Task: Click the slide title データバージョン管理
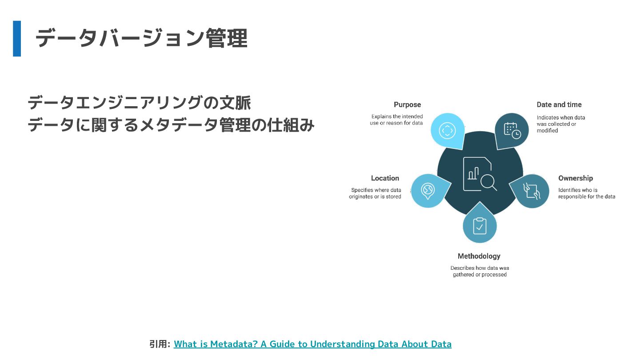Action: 141,39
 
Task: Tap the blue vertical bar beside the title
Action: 17,39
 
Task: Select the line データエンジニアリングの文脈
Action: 139,103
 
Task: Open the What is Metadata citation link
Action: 312,344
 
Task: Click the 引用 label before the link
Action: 160,344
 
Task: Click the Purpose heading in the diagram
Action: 407,105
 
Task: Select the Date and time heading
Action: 559,105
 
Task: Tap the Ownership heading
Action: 576,178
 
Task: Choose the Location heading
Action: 385,178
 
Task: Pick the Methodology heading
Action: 479,256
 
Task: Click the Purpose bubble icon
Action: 447,130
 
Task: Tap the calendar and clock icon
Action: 512,130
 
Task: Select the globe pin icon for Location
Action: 428,191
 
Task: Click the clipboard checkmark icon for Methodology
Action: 479,226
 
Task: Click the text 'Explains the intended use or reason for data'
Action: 396,120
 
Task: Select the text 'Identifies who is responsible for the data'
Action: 586,193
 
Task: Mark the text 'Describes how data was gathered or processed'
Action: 480,271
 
